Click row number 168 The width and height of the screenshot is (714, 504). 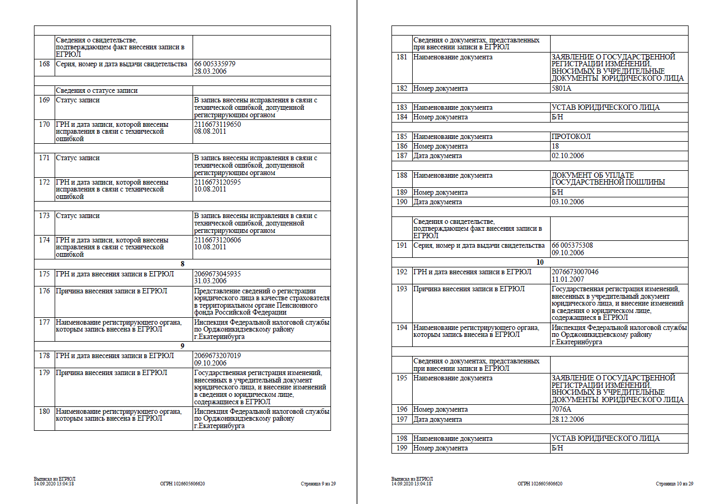(44, 64)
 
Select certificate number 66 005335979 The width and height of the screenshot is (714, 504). (215, 64)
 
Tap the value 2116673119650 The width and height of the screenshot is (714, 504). (217, 125)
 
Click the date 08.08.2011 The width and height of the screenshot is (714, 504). (210, 132)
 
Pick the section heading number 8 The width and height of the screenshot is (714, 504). (182, 264)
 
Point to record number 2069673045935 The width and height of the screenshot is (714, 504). (217, 274)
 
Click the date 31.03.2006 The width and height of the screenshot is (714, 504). (210, 281)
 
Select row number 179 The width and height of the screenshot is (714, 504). (44, 373)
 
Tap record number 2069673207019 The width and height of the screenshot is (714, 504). (217, 356)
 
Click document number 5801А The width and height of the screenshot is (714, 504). (561, 89)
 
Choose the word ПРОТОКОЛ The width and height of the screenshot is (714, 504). (571, 137)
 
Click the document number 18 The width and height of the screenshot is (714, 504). (555, 146)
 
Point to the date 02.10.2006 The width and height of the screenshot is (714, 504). (568, 156)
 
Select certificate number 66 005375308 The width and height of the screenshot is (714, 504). (572, 246)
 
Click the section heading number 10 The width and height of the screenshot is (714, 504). (540, 262)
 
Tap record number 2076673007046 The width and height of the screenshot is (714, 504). (575, 272)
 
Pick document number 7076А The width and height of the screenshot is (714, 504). (561, 410)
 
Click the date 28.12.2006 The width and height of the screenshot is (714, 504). (568, 420)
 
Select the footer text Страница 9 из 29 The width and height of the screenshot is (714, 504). (318, 484)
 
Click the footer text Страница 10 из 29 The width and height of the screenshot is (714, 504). (674, 484)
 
